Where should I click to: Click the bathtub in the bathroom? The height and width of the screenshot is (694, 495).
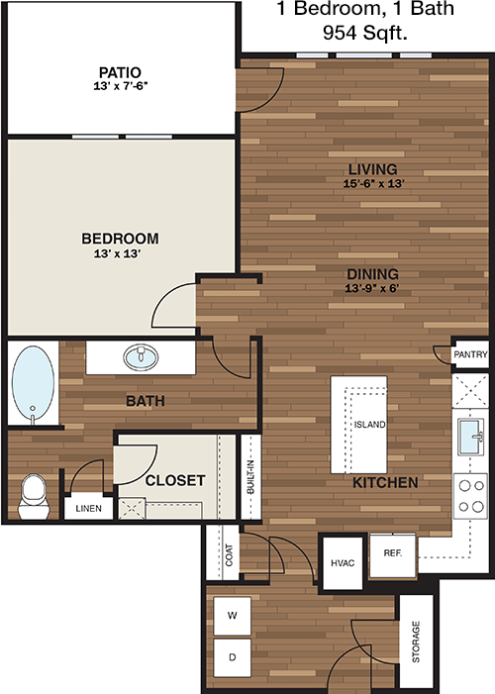(34, 382)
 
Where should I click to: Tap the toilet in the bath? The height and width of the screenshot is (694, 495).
(34, 497)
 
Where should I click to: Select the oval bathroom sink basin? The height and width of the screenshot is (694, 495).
(141, 357)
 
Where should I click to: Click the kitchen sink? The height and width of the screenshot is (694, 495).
(470, 437)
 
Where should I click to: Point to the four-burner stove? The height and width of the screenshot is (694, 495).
(470, 496)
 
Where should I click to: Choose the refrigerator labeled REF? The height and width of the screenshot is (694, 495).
(393, 555)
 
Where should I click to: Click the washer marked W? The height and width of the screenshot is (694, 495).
(232, 616)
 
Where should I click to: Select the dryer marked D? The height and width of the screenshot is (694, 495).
(232, 657)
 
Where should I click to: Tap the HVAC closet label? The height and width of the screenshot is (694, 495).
(343, 563)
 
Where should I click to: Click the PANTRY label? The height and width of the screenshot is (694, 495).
(470, 354)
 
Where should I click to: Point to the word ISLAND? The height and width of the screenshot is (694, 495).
(369, 425)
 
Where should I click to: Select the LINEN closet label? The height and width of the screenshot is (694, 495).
(88, 509)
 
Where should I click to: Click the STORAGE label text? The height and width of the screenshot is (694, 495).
(416, 642)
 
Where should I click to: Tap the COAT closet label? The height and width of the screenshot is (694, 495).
(229, 555)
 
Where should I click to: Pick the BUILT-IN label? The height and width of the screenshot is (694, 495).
(250, 477)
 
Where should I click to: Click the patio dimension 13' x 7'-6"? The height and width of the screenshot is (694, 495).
(121, 86)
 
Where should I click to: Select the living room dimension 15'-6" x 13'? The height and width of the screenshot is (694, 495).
(373, 183)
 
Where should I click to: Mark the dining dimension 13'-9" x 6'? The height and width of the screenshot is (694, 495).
(372, 288)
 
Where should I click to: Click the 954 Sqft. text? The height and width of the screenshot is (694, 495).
(365, 33)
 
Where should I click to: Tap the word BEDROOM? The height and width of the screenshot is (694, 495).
(120, 239)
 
